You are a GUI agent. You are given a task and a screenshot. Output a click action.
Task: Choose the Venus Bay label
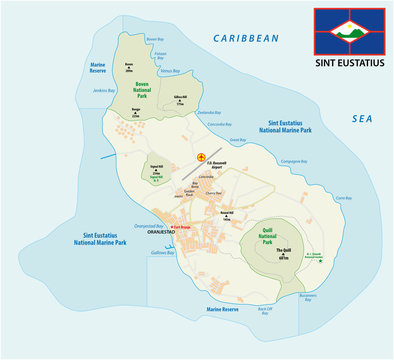pyautogui.click(x=171, y=71)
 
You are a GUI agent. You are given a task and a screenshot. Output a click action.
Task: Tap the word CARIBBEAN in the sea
pyautogui.click(x=245, y=38)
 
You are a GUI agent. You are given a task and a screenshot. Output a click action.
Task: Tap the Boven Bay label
pyautogui.click(x=155, y=39)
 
